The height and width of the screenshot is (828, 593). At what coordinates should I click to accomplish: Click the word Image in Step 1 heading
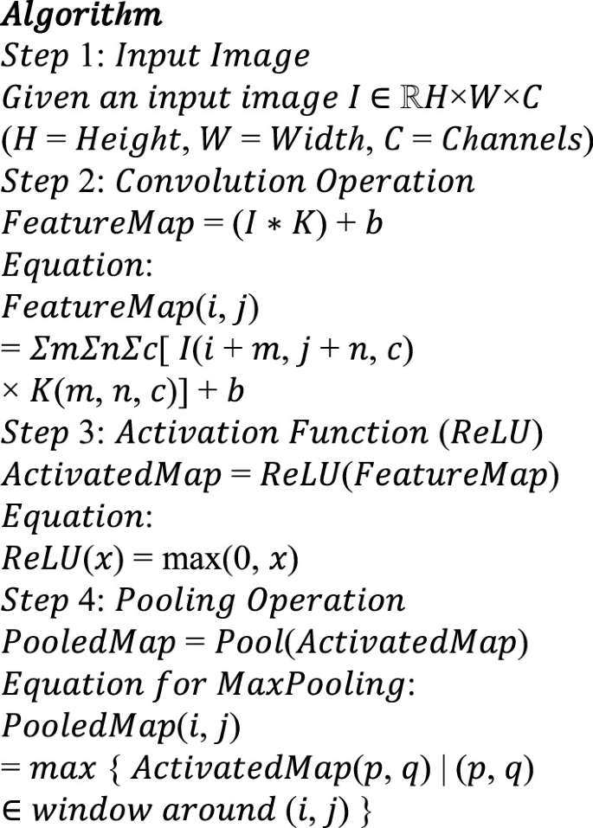click(265, 58)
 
